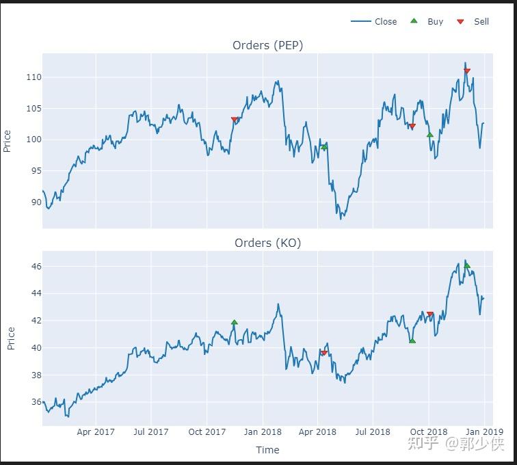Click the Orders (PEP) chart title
(x=267, y=45)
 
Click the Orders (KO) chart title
(x=267, y=243)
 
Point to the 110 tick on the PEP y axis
(x=33, y=77)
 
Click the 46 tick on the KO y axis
(x=34, y=266)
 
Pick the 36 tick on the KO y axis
(x=34, y=402)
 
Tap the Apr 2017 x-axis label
(x=96, y=431)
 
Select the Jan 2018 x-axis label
(x=263, y=431)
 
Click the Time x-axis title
(x=267, y=449)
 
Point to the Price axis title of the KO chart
(x=10, y=338)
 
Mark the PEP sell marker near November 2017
(x=235, y=120)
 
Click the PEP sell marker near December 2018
(x=467, y=71)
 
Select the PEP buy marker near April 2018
(x=324, y=146)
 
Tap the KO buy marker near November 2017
(x=235, y=322)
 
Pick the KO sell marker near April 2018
(x=324, y=353)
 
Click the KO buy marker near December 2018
(x=467, y=265)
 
